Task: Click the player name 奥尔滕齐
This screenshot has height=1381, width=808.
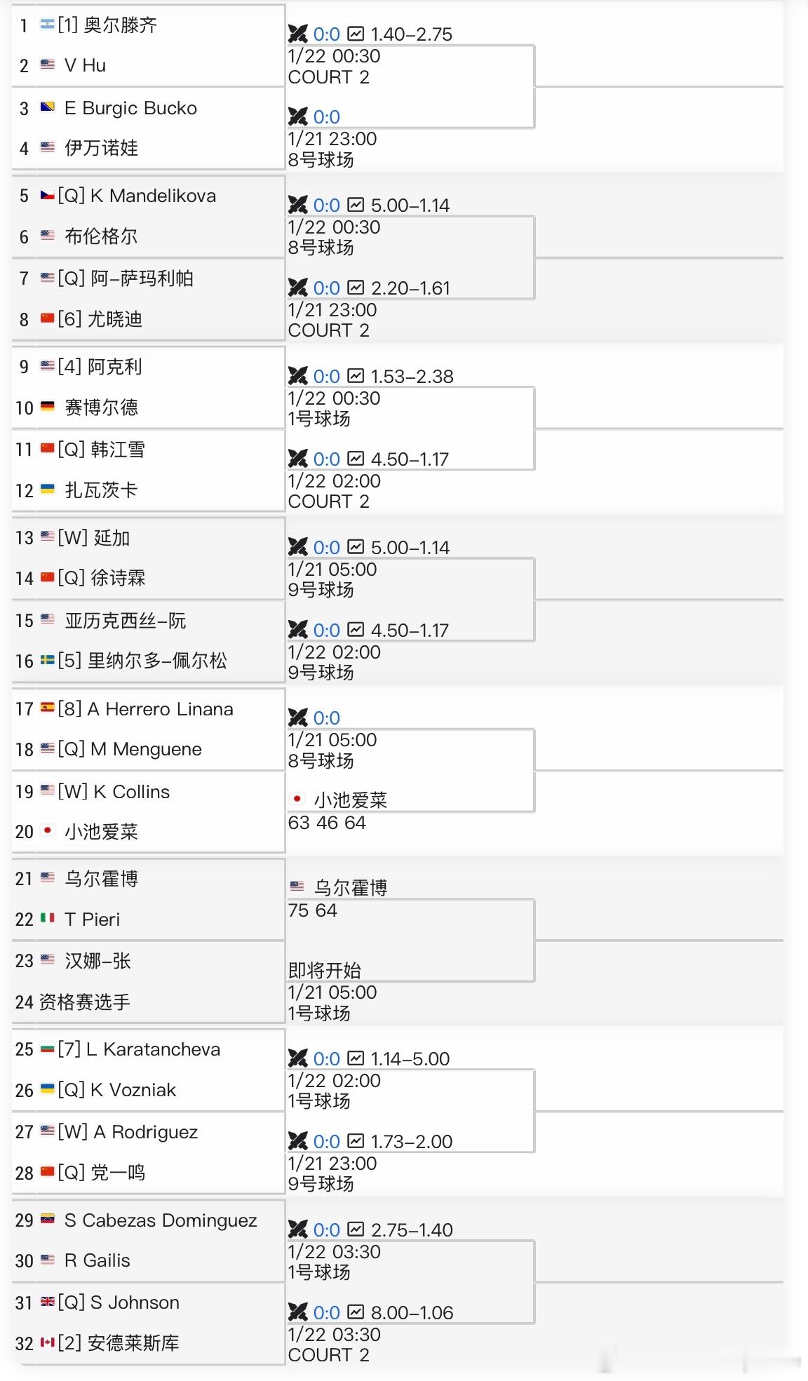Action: coord(120,25)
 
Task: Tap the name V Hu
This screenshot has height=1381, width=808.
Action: coord(85,65)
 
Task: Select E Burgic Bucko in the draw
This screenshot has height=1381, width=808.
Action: coord(130,108)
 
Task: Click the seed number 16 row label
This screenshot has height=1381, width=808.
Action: coord(25,661)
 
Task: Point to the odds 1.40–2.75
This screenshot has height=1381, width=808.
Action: coord(411,34)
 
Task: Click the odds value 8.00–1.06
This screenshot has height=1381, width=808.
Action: coord(412,1312)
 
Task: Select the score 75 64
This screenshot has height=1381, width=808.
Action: coord(312,910)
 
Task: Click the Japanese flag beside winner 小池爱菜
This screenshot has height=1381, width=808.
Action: coord(297,799)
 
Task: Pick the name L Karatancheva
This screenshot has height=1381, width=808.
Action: coord(153,1049)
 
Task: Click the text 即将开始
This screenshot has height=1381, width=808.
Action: coord(324,970)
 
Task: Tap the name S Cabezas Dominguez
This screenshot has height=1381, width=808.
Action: coord(161,1220)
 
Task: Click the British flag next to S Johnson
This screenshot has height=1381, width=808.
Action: coord(48,1302)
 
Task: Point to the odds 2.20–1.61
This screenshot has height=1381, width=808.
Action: coord(410,288)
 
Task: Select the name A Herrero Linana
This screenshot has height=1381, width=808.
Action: coord(160,709)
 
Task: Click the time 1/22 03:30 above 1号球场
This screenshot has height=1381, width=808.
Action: coord(334,1251)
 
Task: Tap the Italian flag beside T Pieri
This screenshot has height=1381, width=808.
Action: coord(48,917)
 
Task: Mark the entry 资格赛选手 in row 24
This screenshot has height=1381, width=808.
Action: coord(84,1002)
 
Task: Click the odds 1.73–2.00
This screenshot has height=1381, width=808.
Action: coord(411,1141)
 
